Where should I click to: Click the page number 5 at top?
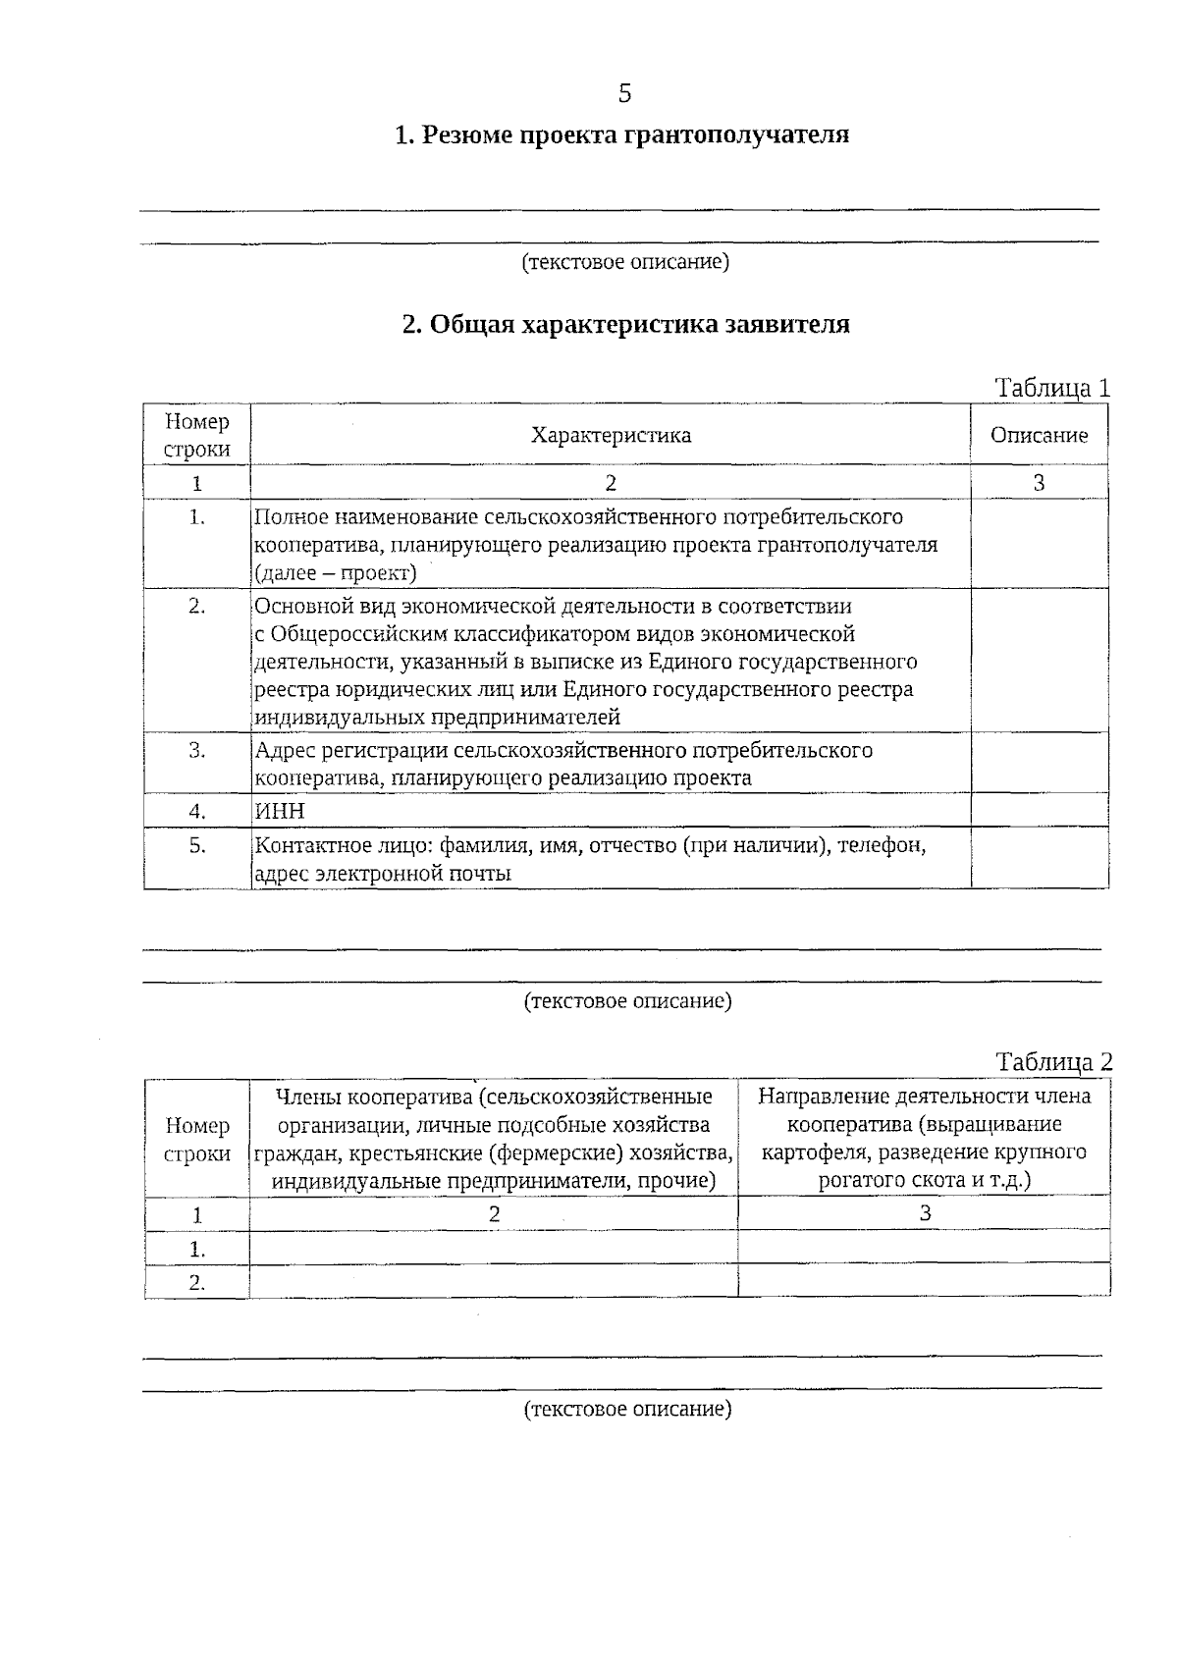point(624,93)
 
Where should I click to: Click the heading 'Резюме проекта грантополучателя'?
point(621,134)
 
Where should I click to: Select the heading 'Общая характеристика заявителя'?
point(626,324)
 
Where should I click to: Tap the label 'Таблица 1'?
point(1052,388)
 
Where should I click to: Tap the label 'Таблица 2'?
point(1054,1061)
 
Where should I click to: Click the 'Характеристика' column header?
point(611,435)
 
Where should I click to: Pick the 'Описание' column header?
point(1039,435)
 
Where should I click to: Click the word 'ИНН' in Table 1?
point(280,811)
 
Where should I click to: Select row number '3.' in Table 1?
point(197,751)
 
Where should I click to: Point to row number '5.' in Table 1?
point(197,845)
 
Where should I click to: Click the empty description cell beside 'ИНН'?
point(1039,811)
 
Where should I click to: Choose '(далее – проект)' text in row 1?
point(336,572)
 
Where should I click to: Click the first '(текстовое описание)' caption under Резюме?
point(625,262)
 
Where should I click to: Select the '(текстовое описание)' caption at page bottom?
point(627,1410)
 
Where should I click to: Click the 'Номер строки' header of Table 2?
point(197,1140)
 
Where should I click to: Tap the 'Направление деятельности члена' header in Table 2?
point(924,1097)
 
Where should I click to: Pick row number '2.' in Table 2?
point(197,1282)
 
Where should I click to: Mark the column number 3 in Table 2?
point(924,1213)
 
